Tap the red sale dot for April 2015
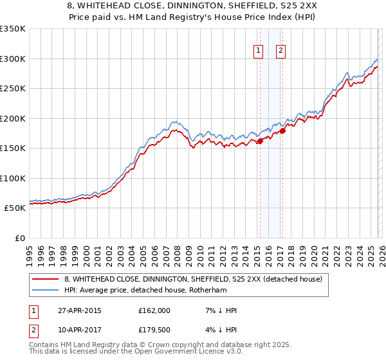tap(260, 141)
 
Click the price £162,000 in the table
tap(154, 310)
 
